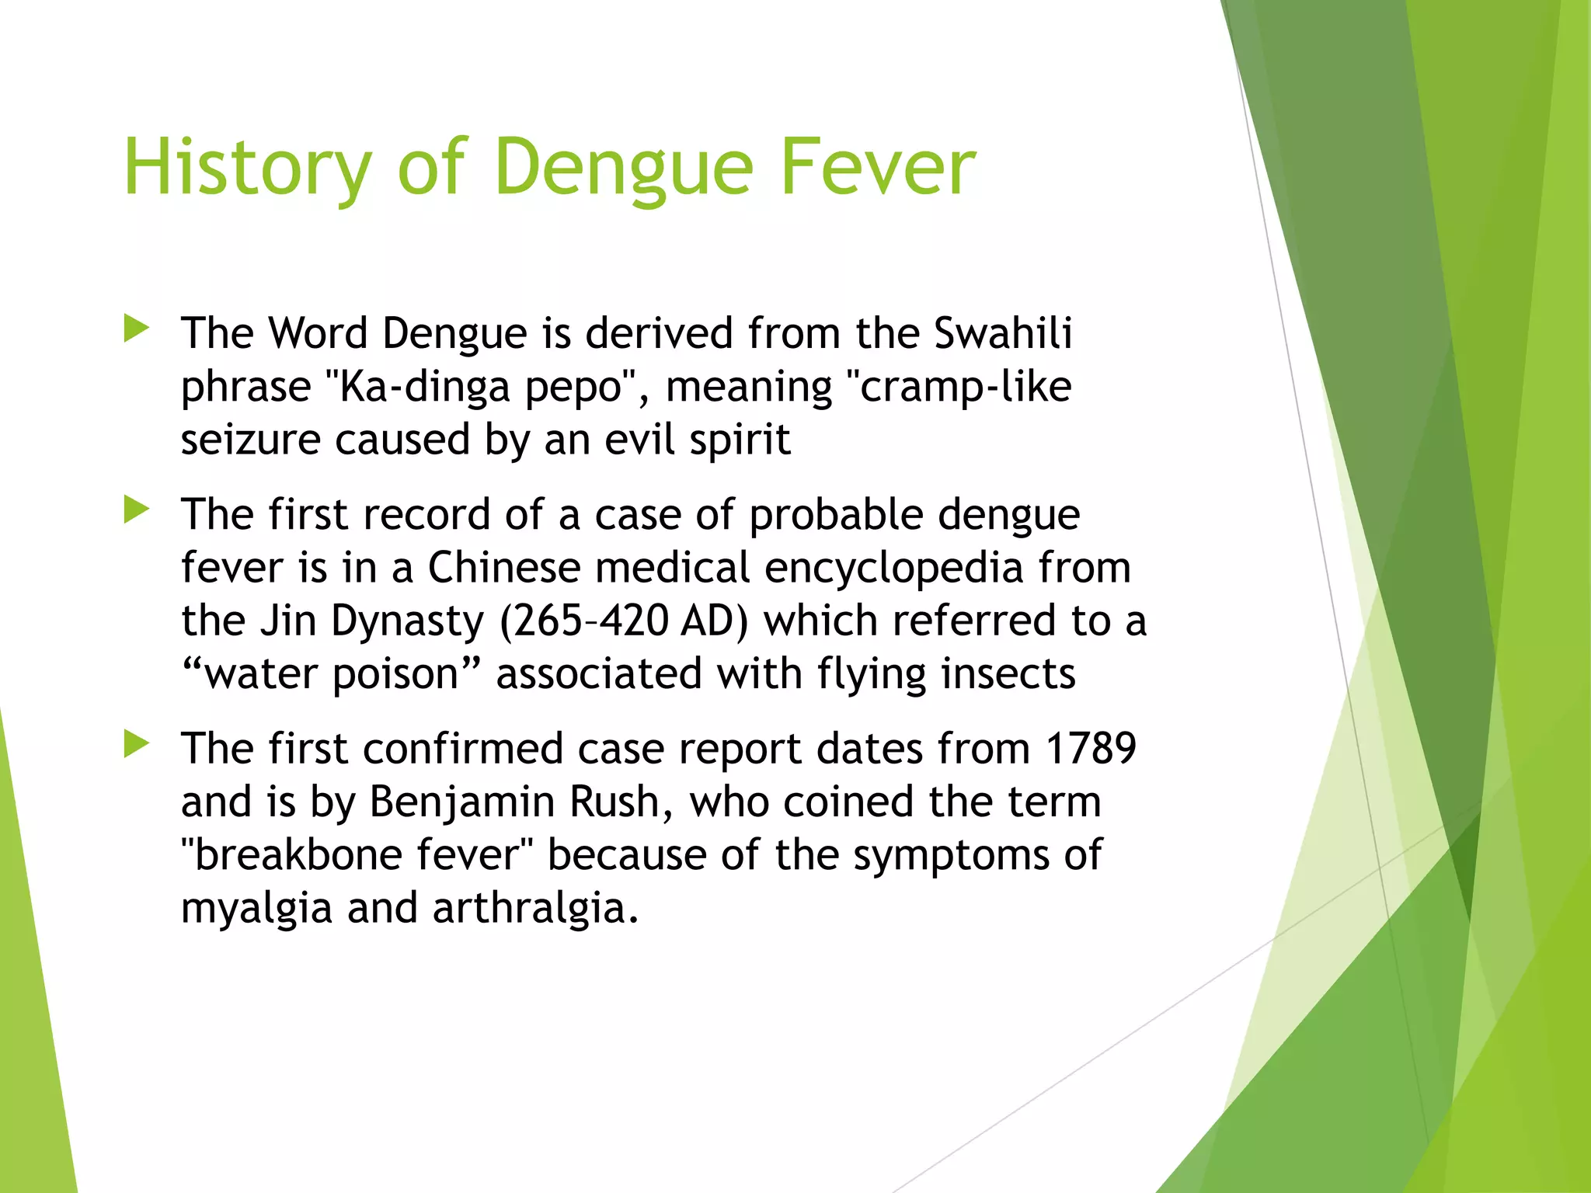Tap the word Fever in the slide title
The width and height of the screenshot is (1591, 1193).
point(877,167)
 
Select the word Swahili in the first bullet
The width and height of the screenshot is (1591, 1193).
point(1003,334)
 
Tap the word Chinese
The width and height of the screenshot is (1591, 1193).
point(503,568)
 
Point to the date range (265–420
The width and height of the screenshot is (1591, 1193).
point(583,621)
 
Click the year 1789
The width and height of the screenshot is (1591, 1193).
point(1091,749)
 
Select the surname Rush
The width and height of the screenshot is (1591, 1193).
point(620,802)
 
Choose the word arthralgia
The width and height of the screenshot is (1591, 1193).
point(535,908)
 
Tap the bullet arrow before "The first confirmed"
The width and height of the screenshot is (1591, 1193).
point(137,744)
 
